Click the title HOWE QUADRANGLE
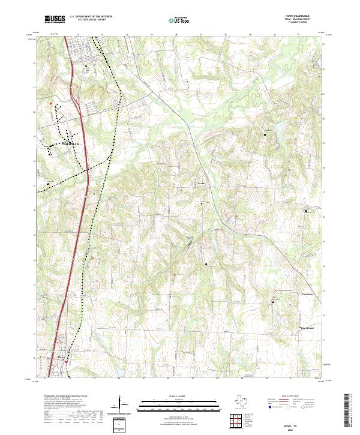click(x=301, y=16)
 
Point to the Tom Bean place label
click(x=307, y=295)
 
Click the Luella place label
click(x=202, y=182)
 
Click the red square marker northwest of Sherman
click(x=50, y=103)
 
